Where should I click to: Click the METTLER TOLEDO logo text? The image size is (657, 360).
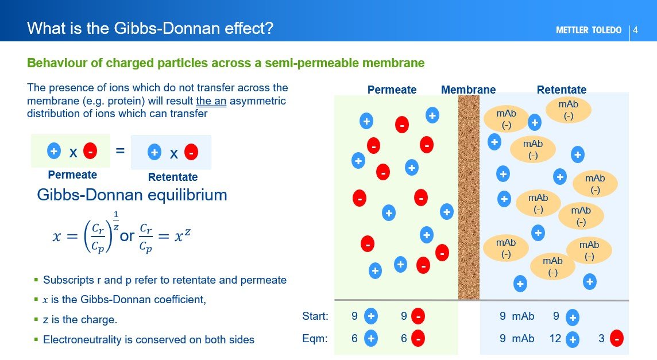point(588,30)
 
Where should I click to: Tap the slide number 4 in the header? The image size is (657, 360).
point(636,30)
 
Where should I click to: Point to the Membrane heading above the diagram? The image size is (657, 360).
point(468,90)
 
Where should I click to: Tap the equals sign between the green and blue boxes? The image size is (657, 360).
point(120,151)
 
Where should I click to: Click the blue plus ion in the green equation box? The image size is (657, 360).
point(53,152)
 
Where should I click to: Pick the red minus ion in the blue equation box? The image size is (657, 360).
point(191,152)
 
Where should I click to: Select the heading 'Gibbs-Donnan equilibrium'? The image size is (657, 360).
point(132,195)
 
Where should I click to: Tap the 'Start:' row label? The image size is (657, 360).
point(315,316)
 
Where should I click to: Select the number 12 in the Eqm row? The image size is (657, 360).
point(555,339)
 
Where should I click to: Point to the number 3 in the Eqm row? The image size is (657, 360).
point(601,339)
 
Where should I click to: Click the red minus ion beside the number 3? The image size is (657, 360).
point(617,339)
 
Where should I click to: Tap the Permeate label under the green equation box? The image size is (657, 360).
point(72,175)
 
